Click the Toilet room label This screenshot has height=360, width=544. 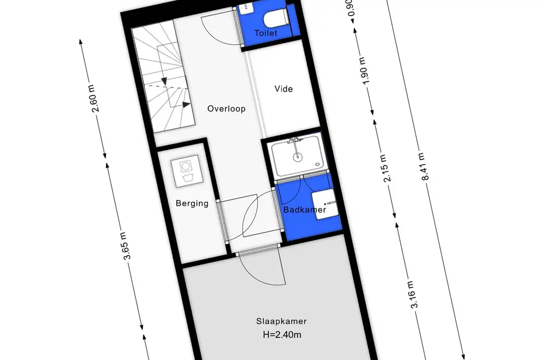tap(266, 33)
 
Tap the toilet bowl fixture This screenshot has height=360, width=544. tap(276, 18)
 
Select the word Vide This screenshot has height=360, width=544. tap(283, 89)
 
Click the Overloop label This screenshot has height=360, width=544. tap(226, 109)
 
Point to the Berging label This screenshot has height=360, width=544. tap(192, 203)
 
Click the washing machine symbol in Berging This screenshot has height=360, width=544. tap(187, 172)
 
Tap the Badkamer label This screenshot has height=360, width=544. tap(305, 210)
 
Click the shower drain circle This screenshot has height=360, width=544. tap(297, 157)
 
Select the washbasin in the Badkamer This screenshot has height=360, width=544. tap(325, 203)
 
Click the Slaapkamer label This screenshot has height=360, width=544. tap(281, 321)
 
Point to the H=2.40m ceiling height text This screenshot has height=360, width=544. tap(281, 335)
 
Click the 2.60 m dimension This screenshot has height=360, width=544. tap(94, 98)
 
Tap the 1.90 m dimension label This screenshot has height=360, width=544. tap(364, 70)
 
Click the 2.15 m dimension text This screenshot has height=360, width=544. tap(386, 168)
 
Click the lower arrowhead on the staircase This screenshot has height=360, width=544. tap(186, 104)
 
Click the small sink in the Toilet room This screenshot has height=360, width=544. tap(245, 9)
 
